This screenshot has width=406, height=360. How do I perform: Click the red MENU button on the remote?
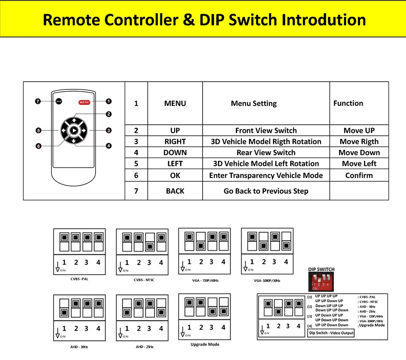(x=84, y=102)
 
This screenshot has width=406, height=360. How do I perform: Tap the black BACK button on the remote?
(x=59, y=102)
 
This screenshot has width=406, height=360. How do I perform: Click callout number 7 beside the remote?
(x=37, y=102)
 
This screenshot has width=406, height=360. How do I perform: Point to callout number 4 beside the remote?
(x=109, y=146)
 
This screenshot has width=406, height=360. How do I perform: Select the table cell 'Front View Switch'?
(x=266, y=130)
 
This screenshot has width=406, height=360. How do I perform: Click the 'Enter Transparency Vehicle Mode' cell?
(x=266, y=176)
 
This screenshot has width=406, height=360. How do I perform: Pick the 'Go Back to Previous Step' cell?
(x=266, y=191)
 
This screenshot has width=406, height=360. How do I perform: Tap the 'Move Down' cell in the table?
(x=359, y=153)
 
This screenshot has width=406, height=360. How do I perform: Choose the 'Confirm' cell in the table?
(x=359, y=176)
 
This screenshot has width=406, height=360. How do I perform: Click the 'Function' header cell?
(x=348, y=103)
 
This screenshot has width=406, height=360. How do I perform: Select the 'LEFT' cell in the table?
(x=175, y=164)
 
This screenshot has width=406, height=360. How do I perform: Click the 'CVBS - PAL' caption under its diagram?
(x=79, y=279)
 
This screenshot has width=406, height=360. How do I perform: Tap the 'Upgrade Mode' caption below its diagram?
(x=205, y=345)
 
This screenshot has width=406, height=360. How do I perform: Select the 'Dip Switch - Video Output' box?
(x=331, y=333)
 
